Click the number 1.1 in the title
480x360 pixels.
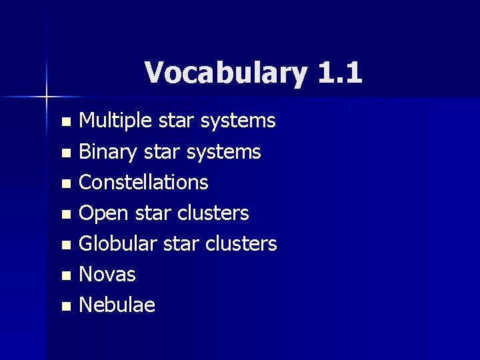pyautogui.click(x=340, y=72)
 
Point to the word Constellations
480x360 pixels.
pyautogui.click(x=143, y=182)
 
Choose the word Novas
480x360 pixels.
pyautogui.click(x=107, y=274)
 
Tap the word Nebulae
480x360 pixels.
pyautogui.click(x=117, y=305)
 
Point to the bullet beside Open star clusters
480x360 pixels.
pyautogui.click(x=65, y=215)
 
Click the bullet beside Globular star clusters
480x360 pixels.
pyautogui.click(x=65, y=245)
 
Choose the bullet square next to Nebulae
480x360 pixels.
pyautogui.click(x=65, y=307)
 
